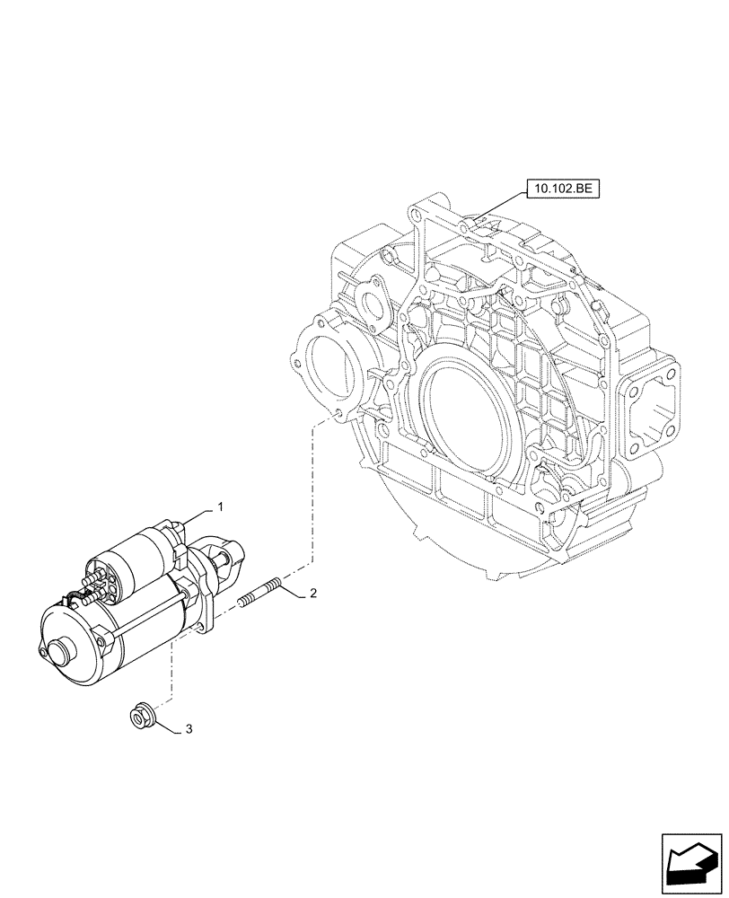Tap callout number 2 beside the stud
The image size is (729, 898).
point(312,594)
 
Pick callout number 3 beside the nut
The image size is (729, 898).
point(189,729)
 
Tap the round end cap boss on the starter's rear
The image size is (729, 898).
point(62,649)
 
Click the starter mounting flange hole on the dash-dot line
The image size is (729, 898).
point(200,619)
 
